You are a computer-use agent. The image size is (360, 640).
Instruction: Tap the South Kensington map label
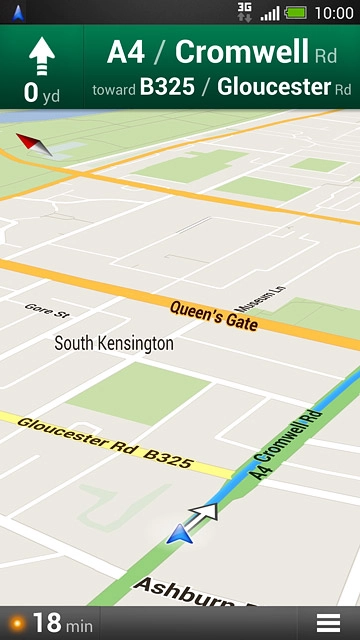[x=113, y=343]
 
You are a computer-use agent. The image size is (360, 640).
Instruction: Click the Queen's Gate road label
[x=213, y=315]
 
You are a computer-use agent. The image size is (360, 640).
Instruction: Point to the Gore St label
[x=44, y=310]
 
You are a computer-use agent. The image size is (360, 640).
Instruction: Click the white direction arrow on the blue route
[x=204, y=513]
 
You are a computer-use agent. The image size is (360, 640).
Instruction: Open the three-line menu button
[x=328, y=622]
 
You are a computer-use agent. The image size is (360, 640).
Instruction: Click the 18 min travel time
[x=61, y=623]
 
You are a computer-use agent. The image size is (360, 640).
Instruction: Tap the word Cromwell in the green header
[x=242, y=52]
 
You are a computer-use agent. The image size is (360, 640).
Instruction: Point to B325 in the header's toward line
[x=167, y=88]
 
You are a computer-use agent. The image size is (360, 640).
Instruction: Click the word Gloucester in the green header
[x=273, y=88]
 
